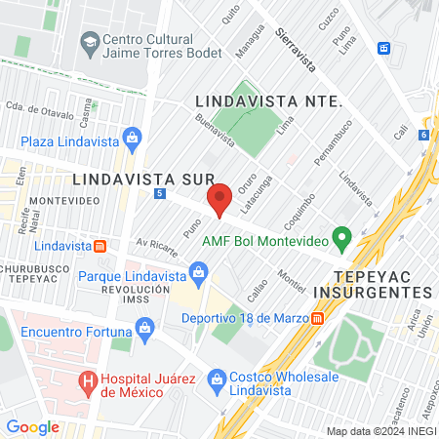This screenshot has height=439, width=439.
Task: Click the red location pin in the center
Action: point(219,199)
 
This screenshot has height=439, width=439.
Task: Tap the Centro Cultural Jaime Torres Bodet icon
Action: point(90,43)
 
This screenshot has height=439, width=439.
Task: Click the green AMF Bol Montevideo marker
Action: point(341,237)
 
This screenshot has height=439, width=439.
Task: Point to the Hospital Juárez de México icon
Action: point(88,379)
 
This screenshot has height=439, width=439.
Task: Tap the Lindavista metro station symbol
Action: point(100,245)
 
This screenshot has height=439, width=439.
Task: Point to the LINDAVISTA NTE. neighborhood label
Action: point(268,101)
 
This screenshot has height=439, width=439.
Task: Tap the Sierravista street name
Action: point(296,49)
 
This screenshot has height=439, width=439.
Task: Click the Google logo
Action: point(32,426)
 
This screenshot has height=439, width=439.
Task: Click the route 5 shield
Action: point(158,194)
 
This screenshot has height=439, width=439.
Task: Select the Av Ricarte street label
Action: point(157,245)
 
